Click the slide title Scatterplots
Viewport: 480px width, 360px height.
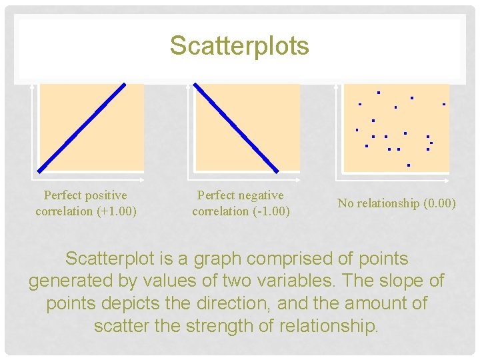tap(239, 46)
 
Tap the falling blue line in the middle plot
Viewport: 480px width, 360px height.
tap(235, 127)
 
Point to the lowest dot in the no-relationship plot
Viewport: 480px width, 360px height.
tap(408, 165)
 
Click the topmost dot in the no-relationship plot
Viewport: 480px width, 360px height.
tap(378, 92)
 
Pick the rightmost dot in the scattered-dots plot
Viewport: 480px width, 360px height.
tap(443, 104)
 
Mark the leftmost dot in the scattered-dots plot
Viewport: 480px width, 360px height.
tap(357, 129)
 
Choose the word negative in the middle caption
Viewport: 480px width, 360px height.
tap(259, 195)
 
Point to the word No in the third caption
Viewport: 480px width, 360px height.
tap(345, 203)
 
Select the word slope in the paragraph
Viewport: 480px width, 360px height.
tap(397, 281)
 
